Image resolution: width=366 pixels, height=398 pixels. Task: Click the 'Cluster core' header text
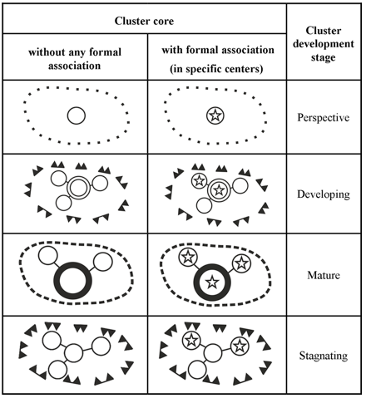click(144, 21)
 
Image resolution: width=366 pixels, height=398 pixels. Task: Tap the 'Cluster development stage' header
click(324, 44)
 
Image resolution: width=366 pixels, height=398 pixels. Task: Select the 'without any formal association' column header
click(75, 59)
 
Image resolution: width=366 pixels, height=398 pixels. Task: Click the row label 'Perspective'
click(324, 117)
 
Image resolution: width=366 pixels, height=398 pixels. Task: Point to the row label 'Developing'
click(324, 194)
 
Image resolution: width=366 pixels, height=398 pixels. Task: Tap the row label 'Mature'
click(324, 275)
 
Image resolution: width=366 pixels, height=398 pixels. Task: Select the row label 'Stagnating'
click(324, 356)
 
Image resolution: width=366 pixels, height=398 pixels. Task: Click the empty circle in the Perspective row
click(77, 115)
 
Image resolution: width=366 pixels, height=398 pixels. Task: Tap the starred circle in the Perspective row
click(215, 115)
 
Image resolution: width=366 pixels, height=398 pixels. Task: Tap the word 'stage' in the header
click(323, 58)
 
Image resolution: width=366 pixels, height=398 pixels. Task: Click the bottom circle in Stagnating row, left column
click(58, 370)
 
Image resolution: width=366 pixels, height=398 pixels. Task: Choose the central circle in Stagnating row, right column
click(213, 352)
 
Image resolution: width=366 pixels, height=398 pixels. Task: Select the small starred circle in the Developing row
click(199, 181)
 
